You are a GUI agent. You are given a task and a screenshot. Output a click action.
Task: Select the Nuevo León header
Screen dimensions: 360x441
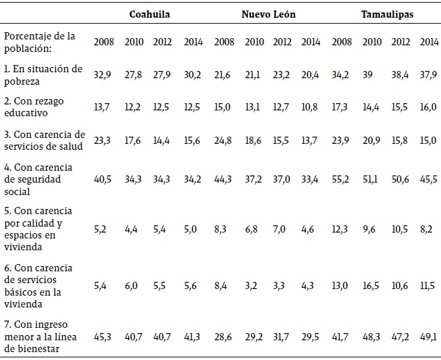pyautogui.click(x=267, y=14)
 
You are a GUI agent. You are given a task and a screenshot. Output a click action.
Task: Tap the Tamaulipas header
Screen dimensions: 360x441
pyautogui.click(x=387, y=14)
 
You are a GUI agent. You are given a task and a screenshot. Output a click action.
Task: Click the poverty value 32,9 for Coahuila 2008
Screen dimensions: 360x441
pyautogui.click(x=104, y=75)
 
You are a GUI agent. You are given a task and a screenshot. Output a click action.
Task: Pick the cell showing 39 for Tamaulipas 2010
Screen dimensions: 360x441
pyautogui.click(x=373, y=75)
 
